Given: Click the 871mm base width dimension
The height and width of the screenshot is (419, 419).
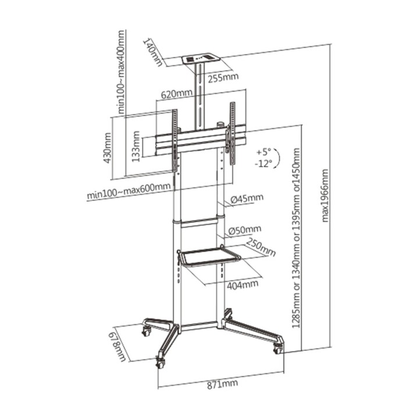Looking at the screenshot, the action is coord(222,384).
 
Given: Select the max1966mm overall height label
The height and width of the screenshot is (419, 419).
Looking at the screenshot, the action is coord(325,196).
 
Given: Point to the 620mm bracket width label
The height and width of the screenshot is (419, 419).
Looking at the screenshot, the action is coord(176,94).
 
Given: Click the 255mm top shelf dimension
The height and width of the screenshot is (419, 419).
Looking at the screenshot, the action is coord(223,78).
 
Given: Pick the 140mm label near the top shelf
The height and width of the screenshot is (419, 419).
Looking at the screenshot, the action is coord(153,52).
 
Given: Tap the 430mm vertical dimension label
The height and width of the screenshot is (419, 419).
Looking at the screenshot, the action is coord(108,148).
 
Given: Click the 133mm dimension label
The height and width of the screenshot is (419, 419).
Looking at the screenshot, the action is coord(136,147).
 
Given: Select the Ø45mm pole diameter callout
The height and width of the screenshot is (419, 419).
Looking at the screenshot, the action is coord(247,198).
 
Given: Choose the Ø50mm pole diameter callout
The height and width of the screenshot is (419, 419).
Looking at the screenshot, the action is coord(245,229).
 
